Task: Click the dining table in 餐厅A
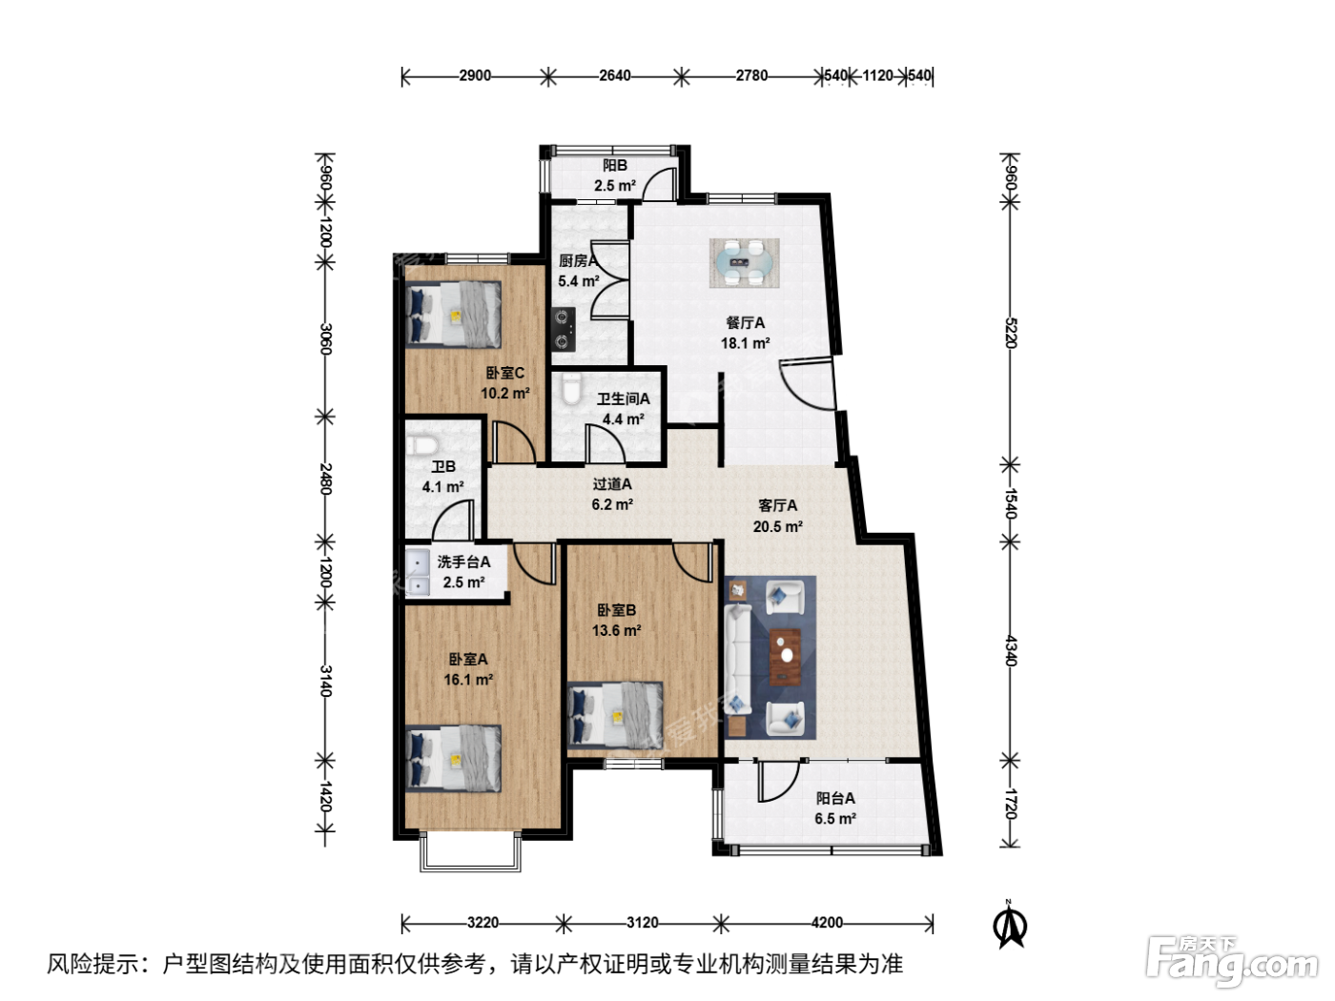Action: click(744, 262)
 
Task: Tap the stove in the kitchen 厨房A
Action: click(564, 330)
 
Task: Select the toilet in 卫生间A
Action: click(571, 389)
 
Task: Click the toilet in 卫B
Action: click(421, 445)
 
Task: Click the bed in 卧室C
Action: click(454, 315)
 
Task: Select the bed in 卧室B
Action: click(615, 715)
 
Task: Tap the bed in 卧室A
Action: click(454, 758)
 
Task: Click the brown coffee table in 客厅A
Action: click(785, 657)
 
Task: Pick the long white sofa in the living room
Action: click(737, 658)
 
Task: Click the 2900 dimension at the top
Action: click(475, 75)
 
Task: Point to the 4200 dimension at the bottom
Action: click(827, 923)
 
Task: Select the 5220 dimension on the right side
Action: click(1010, 333)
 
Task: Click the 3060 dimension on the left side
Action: click(326, 339)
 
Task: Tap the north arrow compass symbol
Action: click(1010, 925)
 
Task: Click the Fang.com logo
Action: click(1231, 960)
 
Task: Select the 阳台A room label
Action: click(835, 798)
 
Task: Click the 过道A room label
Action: click(612, 484)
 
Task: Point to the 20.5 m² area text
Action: click(777, 526)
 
